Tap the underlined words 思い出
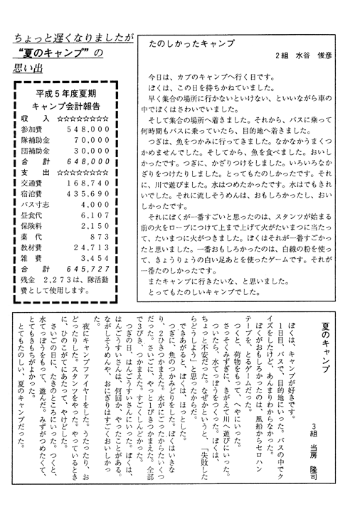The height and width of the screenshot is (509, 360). click(x=29, y=70)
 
